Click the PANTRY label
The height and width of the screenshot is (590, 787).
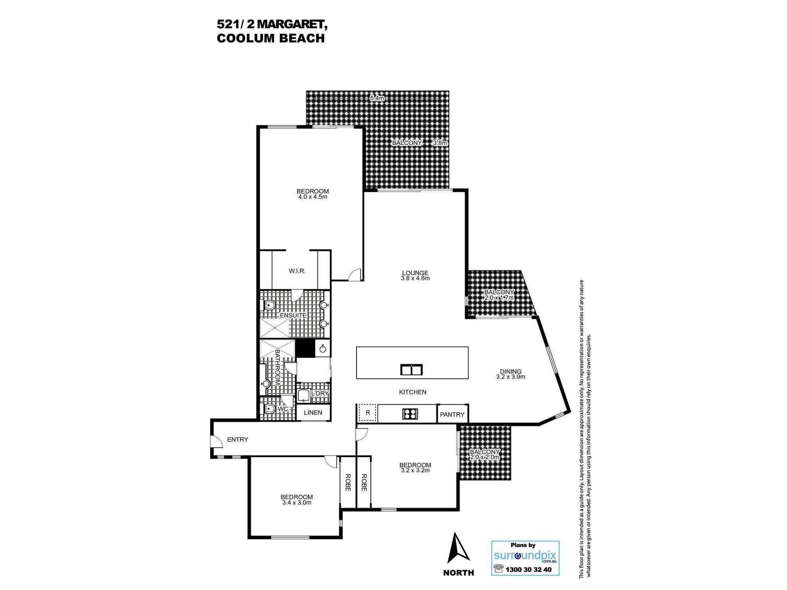coord(452,415)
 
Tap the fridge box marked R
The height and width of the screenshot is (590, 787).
coord(368,413)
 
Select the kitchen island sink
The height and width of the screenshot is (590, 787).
coord(412,370)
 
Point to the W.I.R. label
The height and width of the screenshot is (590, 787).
coord(297,271)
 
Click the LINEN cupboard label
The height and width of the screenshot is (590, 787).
coord(313,413)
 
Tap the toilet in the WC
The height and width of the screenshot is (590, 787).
coord(270,409)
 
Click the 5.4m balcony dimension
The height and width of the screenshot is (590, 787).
coord(377,98)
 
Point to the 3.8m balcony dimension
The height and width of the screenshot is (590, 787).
coord(440,143)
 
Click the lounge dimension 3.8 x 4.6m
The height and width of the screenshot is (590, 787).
coord(415,278)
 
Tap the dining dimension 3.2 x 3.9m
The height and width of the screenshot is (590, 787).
coord(511,377)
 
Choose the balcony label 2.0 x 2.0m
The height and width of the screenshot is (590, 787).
coord(485,457)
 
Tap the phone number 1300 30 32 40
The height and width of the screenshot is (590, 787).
coord(528,570)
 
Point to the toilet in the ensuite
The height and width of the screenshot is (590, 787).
coord(270,305)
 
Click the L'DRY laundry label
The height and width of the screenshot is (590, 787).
coord(320,394)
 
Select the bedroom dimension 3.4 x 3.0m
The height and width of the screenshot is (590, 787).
coord(297,503)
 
